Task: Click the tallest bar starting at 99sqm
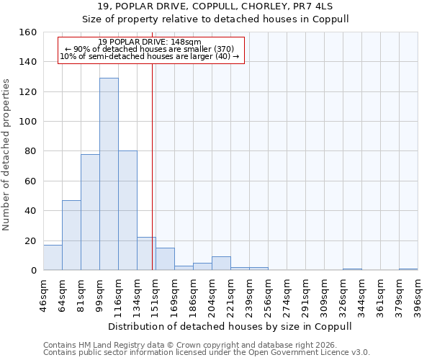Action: point(109,174)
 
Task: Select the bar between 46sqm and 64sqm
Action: point(53,258)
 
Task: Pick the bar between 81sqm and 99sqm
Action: point(90,212)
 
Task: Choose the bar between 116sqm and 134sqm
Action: point(127,211)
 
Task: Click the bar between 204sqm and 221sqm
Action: point(221,264)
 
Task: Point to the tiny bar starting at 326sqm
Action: point(352,269)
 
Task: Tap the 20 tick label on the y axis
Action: point(30,240)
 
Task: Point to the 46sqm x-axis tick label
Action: point(44,295)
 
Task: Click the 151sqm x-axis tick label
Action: point(156,295)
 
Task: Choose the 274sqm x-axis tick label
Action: point(287,295)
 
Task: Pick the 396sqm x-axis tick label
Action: point(418,295)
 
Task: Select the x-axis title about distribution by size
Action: point(230,326)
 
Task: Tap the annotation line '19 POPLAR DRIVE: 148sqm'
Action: point(150,42)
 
